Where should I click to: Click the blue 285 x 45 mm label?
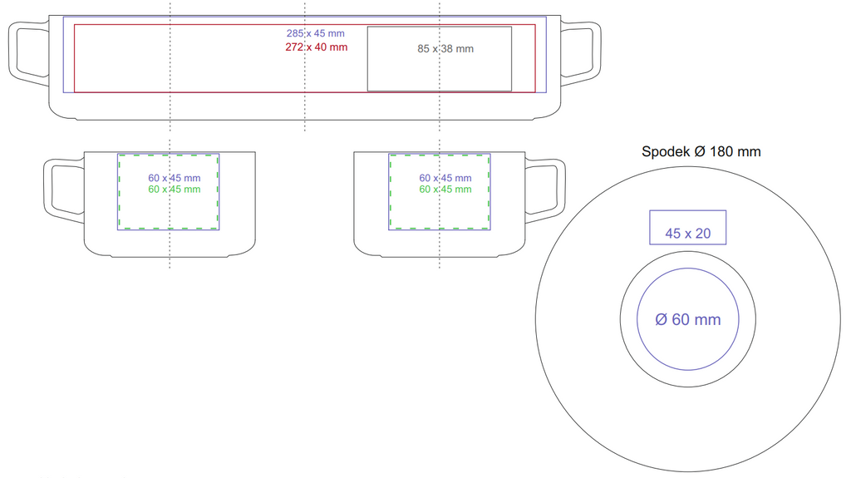(x=315, y=34)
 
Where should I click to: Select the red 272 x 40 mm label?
(x=317, y=47)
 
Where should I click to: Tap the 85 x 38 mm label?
(x=445, y=49)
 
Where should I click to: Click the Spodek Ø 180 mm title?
(x=701, y=151)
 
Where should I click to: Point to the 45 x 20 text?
(x=687, y=234)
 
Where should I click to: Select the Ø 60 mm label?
(x=687, y=319)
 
